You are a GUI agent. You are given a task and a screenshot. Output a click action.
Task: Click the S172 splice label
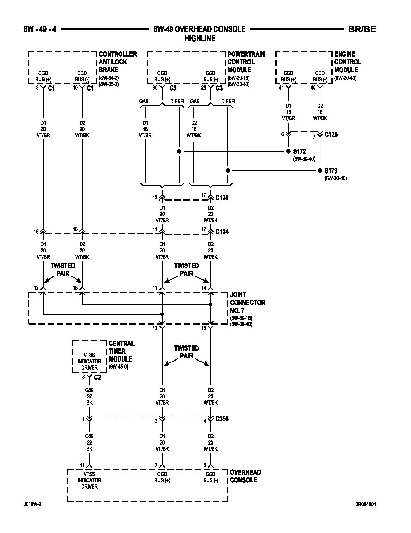pos(299,151)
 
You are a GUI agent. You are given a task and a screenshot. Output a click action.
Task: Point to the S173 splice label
pos(331,171)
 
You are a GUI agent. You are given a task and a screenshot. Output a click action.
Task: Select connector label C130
pos(222,197)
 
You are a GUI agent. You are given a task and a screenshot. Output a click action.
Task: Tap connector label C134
pos(222,232)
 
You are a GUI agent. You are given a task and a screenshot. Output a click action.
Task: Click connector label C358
pos(222,419)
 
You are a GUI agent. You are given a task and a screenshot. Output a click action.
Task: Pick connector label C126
pos(331,134)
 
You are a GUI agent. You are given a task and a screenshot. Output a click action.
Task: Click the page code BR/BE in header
pos(362,29)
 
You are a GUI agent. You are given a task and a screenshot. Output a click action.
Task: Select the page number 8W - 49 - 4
pos(40,29)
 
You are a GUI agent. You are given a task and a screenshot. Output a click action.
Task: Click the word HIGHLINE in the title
pos(200,38)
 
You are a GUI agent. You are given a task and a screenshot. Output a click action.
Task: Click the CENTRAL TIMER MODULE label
pos(121,351)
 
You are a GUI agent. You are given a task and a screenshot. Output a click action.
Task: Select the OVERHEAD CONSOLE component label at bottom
pos(245,476)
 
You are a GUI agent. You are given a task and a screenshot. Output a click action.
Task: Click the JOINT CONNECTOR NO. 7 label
pos(247,302)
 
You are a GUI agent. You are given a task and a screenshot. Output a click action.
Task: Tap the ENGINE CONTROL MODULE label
pos(348,62)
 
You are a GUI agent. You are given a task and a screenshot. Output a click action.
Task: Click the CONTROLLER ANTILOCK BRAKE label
pos(118,62)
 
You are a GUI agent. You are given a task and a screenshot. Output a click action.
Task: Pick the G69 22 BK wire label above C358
pos(89,396)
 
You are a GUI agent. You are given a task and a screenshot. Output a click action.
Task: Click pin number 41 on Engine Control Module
pos(281,87)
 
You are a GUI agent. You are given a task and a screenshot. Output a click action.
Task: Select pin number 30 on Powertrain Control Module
pos(155,87)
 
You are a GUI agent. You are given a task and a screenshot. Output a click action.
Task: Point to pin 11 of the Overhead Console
pos(82,465)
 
